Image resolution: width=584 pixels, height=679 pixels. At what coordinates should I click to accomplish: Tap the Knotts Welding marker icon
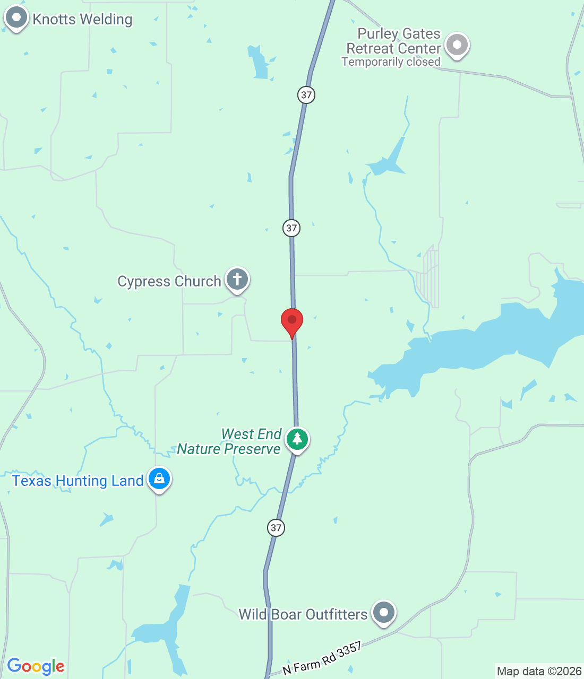click(x=16, y=18)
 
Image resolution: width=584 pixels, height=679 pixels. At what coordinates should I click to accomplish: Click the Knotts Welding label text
click(x=82, y=20)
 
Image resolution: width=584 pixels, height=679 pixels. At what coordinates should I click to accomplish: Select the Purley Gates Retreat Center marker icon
click(x=457, y=45)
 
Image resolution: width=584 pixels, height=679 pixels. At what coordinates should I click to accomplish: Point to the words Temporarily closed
click(x=391, y=62)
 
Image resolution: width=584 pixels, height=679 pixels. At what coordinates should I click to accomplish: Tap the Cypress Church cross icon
click(x=237, y=279)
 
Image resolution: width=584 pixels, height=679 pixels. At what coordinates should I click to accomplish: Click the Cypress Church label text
click(x=169, y=281)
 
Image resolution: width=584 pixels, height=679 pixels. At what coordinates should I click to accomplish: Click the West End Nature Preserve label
click(x=229, y=441)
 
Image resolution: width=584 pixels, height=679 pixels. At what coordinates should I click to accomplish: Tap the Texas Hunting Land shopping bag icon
click(x=159, y=479)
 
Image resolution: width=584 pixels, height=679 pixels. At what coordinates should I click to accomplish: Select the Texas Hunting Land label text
click(x=78, y=481)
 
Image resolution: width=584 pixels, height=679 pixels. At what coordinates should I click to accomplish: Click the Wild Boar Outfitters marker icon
click(x=383, y=613)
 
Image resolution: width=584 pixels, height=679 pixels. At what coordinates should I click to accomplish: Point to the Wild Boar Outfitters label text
click(x=303, y=614)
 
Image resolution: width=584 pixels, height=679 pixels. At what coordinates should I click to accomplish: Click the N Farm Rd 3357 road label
click(x=322, y=658)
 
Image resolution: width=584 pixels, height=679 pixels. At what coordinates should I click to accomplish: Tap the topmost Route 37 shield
click(x=306, y=95)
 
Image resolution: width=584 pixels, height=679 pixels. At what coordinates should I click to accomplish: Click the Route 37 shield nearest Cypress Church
click(x=291, y=228)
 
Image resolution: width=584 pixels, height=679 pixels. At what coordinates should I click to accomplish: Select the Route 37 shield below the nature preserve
click(x=276, y=527)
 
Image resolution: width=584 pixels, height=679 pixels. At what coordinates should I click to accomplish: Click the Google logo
click(x=36, y=666)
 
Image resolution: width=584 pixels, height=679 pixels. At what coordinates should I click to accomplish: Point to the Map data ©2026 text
click(x=539, y=671)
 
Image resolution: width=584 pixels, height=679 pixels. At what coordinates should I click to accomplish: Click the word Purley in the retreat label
click(x=377, y=34)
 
